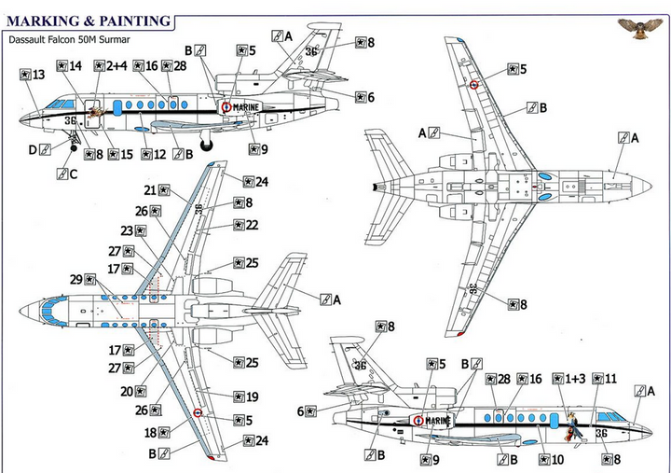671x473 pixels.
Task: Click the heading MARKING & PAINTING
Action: [89, 20]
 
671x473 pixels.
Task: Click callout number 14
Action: [75, 65]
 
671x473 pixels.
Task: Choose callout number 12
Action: [159, 154]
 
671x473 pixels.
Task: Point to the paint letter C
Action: [73, 174]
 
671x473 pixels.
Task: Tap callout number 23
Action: [128, 230]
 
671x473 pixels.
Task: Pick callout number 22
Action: [252, 225]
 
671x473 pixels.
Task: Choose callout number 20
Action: [128, 391]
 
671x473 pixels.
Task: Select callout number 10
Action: [557, 459]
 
